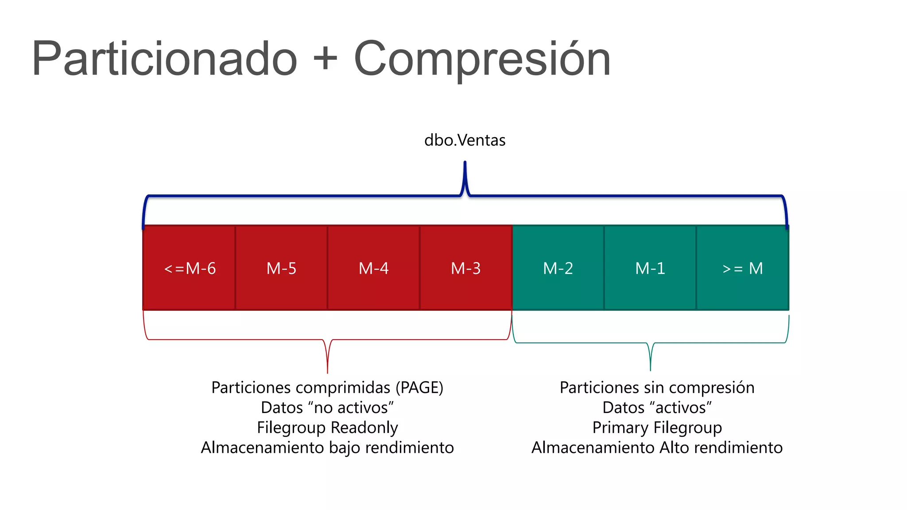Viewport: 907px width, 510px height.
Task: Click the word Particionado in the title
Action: (x=164, y=59)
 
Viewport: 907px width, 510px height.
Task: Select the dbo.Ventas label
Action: (x=465, y=140)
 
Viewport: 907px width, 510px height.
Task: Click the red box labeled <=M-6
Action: (x=189, y=268)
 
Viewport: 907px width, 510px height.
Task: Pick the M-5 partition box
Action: (x=281, y=268)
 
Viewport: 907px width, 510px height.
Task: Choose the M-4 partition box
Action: (x=373, y=268)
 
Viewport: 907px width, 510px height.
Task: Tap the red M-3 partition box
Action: (x=465, y=268)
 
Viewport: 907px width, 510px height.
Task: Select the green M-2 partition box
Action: (x=558, y=268)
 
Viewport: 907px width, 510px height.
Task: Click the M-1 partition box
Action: (x=650, y=268)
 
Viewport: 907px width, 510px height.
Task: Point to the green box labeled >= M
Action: (x=742, y=268)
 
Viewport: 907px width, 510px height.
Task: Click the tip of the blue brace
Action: (x=465, y=163)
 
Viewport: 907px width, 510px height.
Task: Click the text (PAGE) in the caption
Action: (x=419, y=387)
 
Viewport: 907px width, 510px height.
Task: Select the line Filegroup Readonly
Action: (x=327, y=427)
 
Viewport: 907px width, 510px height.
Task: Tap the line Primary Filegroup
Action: (x=657, y=427)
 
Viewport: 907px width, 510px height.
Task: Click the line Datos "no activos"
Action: (x=327, y=407)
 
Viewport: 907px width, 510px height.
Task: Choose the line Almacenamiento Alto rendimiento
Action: (x=657, y=447)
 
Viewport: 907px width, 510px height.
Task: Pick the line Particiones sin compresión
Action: (x=657, y=387)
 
